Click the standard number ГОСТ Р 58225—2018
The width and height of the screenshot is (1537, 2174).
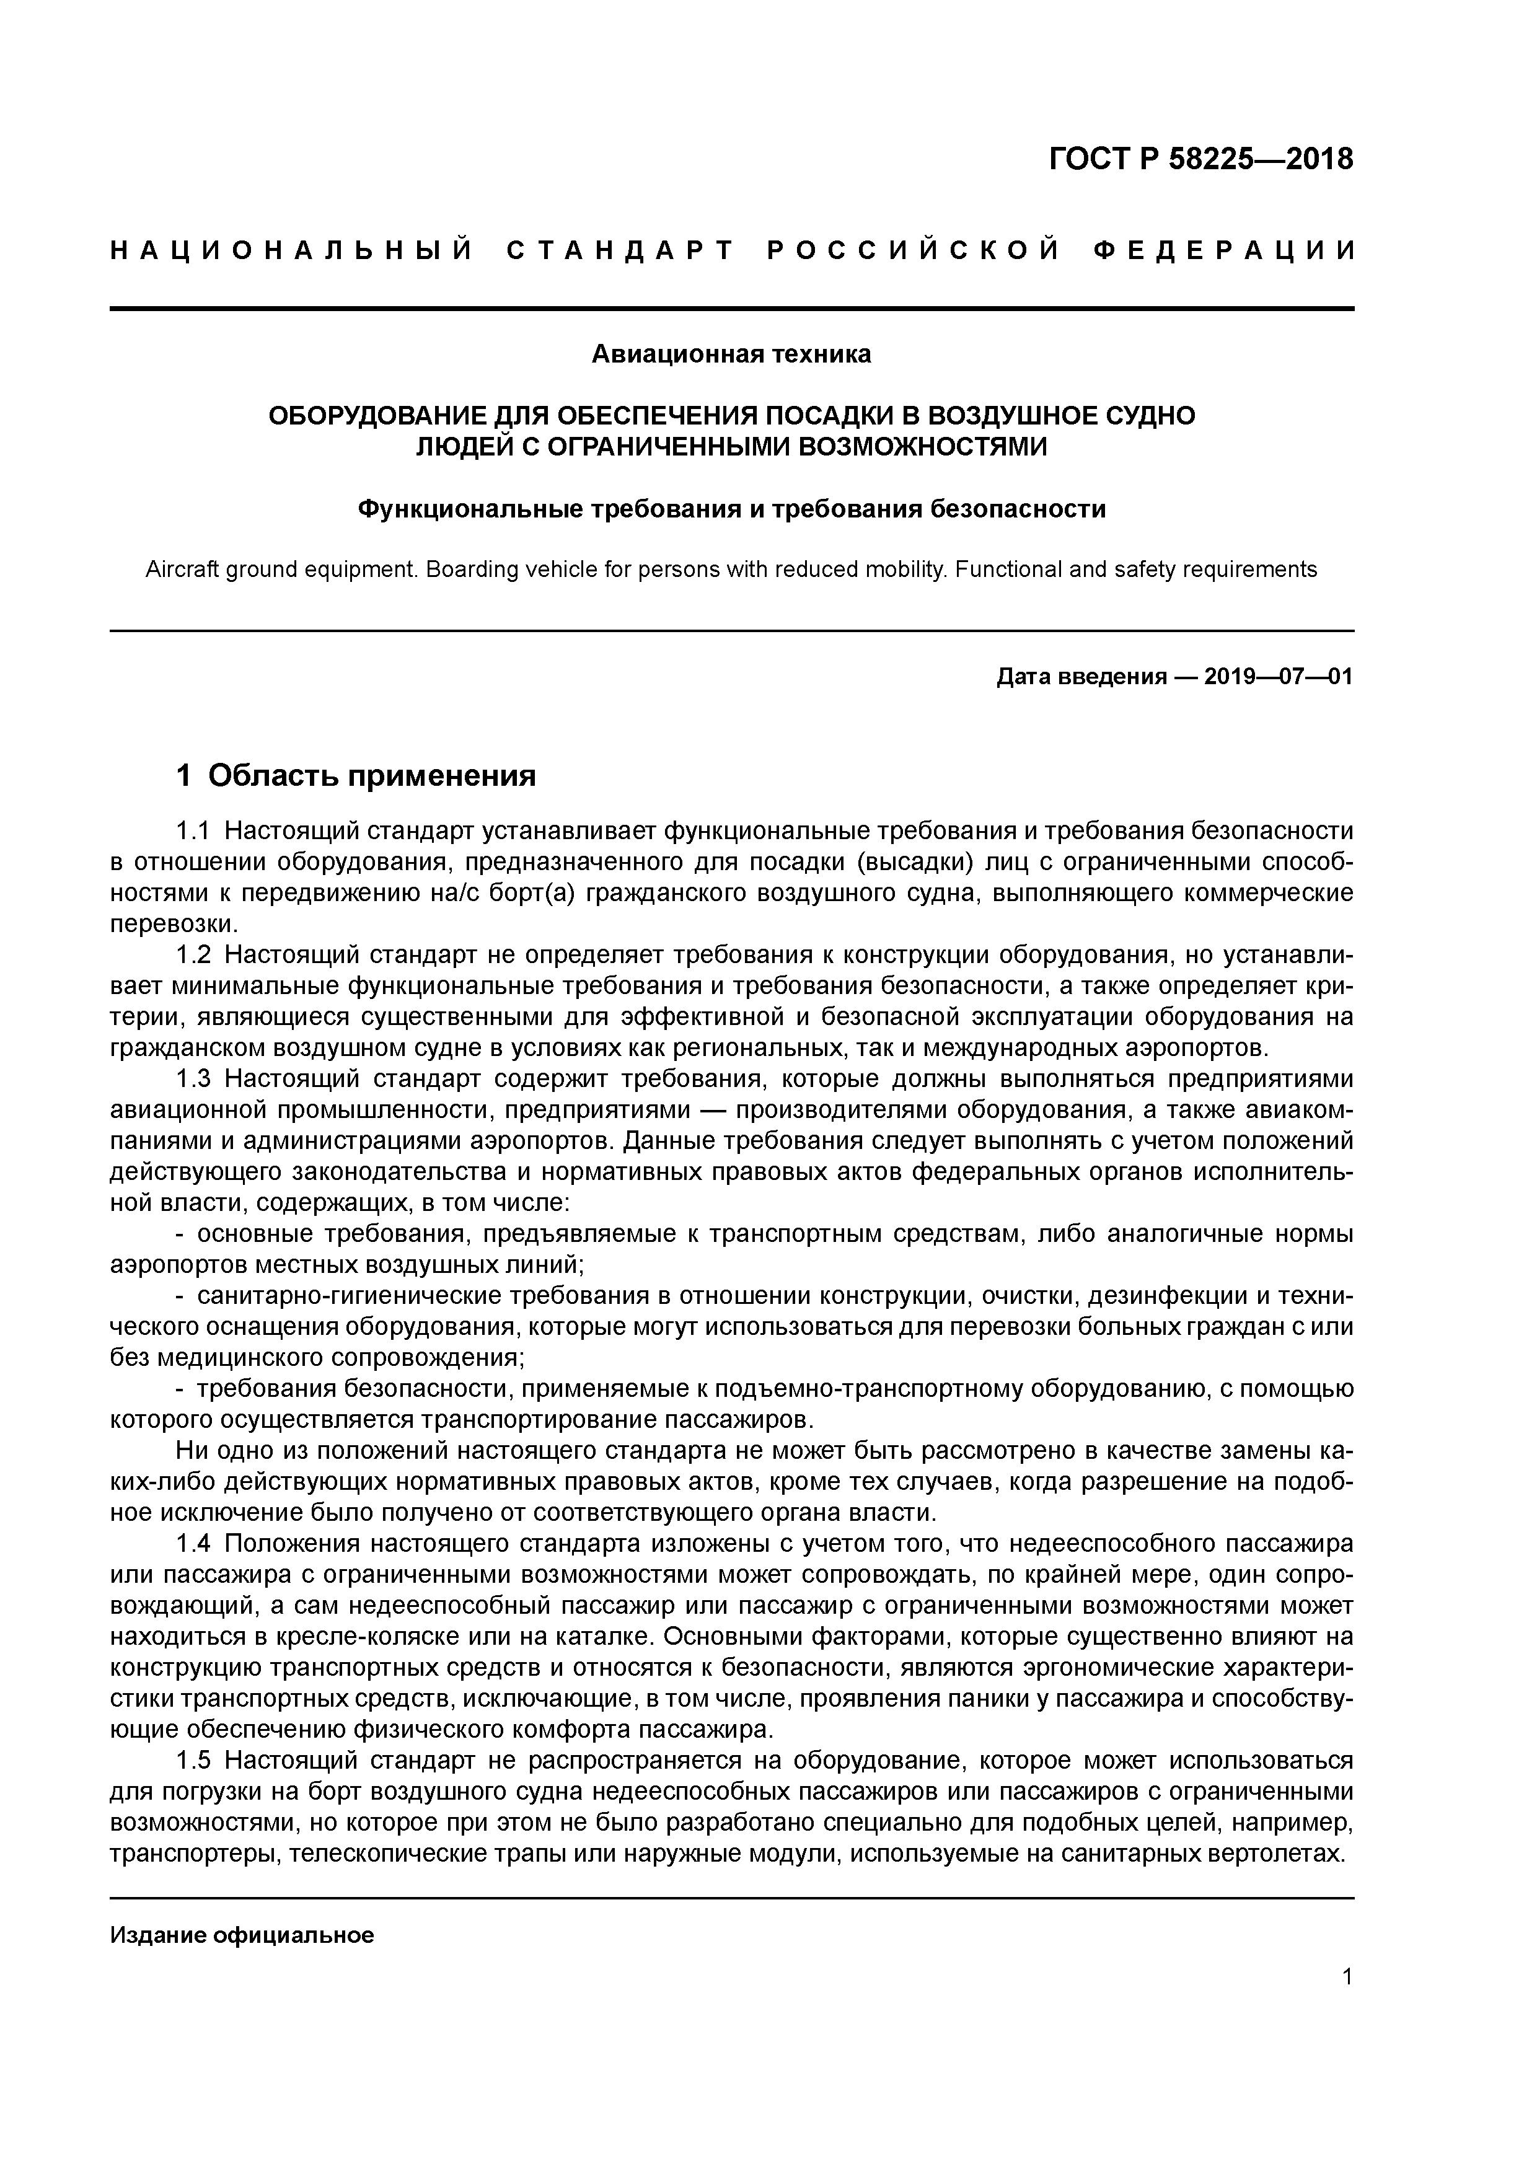(x=1201, y=159)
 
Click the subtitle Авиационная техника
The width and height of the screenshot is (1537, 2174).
(x=731, y=354)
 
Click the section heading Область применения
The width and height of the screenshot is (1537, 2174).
(x=371, y=777)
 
